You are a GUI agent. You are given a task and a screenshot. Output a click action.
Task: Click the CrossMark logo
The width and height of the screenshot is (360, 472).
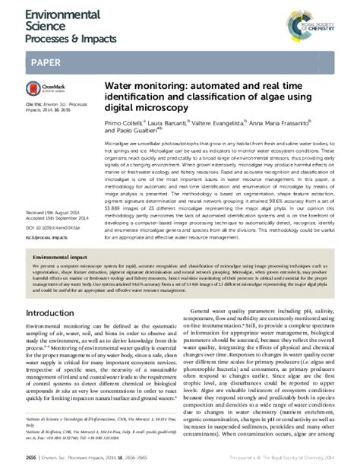(45, 90)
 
